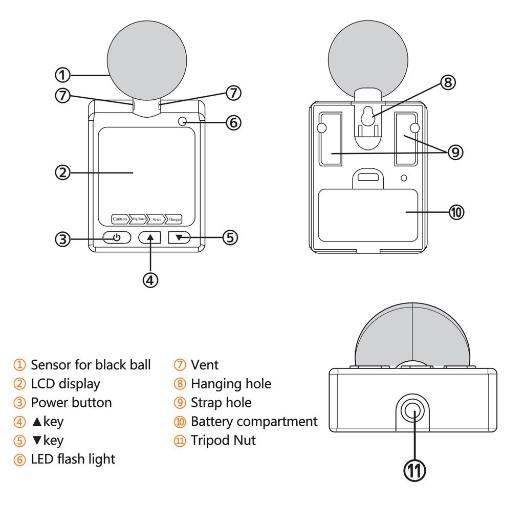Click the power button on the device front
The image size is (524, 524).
pos(117,237)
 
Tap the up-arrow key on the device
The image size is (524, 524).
pos(150,237)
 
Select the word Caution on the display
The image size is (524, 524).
pos(120,219)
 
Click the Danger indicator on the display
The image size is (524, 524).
pos(174,219)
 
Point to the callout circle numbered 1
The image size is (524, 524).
pos(62,75)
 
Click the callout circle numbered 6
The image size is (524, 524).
pos(233,123)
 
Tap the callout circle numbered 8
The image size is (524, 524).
pos(448,82)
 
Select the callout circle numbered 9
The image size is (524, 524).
pos(455,152)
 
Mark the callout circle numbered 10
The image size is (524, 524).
pos(456,212)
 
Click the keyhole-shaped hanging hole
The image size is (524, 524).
pos(367,117)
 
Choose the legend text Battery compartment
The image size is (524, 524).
pos(254,422)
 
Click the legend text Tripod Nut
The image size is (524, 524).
pos(223,440)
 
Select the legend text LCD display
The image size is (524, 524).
pos(65,384)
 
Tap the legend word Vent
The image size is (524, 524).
pos(204,365)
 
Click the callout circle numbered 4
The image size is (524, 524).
pos(150,280)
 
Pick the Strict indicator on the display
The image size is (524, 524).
pos(156,219)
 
